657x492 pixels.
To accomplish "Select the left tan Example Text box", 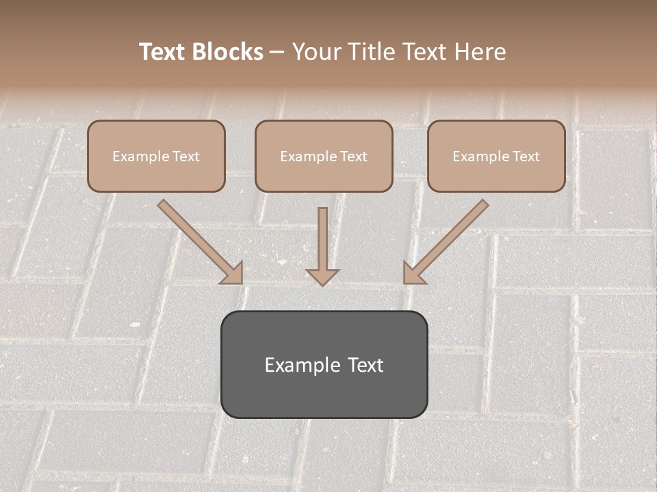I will tap(156, 156).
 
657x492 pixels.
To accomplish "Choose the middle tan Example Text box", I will tap(324, 156).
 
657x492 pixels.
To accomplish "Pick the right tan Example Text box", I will tap(496, 156).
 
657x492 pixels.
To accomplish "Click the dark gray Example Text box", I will tap(324, 364).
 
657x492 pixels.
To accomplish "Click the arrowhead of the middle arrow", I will tap(322, 276).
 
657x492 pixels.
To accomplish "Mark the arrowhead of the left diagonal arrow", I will tap(233, 273).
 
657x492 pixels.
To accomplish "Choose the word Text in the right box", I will tap(525, 156).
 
